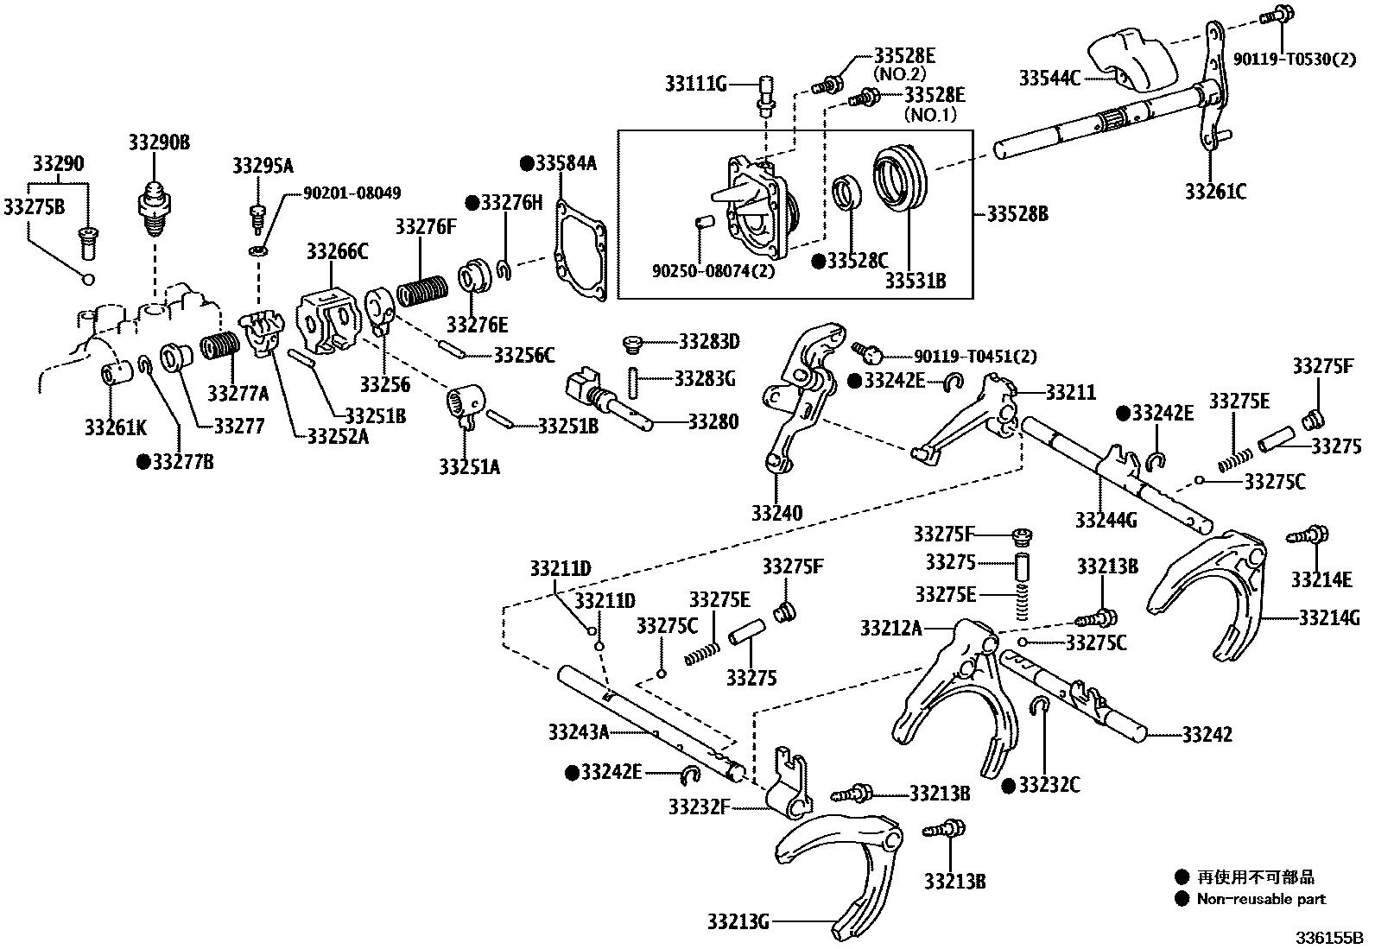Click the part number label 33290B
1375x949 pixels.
tap(159, 142)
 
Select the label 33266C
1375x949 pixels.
tap(337, 251)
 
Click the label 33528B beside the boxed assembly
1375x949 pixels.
tap(1017, 212)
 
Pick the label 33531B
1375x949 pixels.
tap(915, 281)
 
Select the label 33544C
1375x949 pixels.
tap(1049, 79)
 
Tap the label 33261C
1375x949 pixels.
tap(1215, 192)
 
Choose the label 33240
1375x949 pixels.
tap(776, 513)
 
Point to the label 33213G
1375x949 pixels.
tap(737, 921)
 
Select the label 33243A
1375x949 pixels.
tap(579, 732)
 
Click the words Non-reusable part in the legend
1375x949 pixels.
tap(1261, 899)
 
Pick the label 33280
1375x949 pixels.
tap(713, 421)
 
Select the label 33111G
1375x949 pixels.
tap(695, 84)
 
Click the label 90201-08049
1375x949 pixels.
tap(352, 193)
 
